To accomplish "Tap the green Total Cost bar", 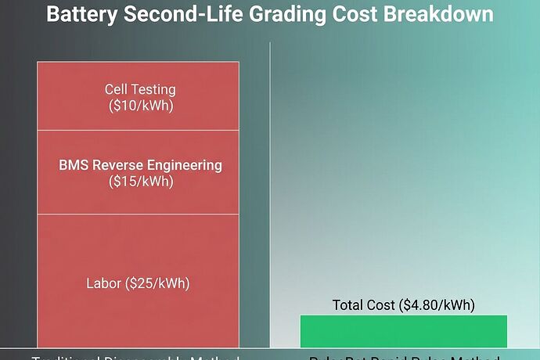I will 403,331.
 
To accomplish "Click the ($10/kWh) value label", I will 140,105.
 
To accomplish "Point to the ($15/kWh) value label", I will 140,182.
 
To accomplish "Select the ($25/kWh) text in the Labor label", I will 158,283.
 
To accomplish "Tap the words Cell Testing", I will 140,89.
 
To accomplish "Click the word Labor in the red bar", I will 103,283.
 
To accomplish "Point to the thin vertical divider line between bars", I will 270,196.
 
